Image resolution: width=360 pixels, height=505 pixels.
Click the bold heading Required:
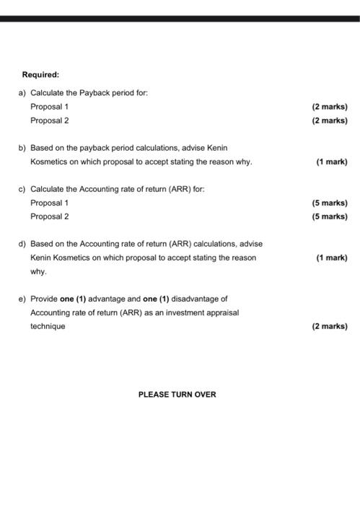click(x=40, y=74)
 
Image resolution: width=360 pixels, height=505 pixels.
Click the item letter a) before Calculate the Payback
click(x=22, y=93)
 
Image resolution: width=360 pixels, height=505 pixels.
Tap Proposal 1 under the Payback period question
click(x=49, y=107)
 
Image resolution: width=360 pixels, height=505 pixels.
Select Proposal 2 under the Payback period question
click(x=49, y=120)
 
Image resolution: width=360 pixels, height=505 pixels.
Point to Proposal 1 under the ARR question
click(x=49, y=203)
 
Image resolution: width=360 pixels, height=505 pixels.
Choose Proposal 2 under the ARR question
click(x=49, y=216)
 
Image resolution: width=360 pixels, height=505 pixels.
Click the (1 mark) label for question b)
click(x=331, y=162)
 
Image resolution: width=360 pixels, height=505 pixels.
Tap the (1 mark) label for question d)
click(x=331, y=258)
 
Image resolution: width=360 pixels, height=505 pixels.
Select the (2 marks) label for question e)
click(x=329, y=326)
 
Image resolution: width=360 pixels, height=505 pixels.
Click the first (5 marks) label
click(x=329, y=203)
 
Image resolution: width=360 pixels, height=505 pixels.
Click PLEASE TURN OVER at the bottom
click(x=177, y=395)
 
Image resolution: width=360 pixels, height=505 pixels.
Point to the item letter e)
click(x=22, y=299)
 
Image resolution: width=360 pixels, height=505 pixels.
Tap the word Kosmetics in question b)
click(x=48, y=162)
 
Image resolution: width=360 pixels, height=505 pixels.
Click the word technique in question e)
click(x=48, y=326)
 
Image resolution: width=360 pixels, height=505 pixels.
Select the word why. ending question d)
click(x=38, y=271)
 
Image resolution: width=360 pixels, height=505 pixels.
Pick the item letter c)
click(x=22, y=189)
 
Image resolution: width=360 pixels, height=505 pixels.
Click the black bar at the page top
click(x=180, y=18)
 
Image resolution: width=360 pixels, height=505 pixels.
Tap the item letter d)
click(x=22, y=244)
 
